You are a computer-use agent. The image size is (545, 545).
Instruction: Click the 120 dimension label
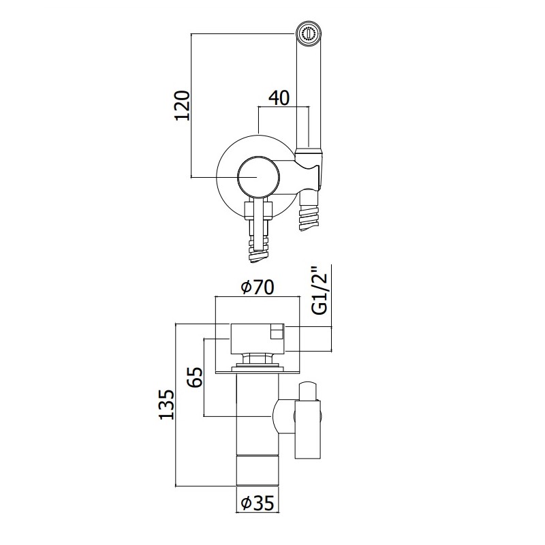[x=182, y=106]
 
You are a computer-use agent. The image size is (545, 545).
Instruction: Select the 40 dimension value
[x=279, y=97]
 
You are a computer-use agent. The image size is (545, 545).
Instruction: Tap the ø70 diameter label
[x=258, y=287]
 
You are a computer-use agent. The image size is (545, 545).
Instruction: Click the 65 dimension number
[x=195, y=377]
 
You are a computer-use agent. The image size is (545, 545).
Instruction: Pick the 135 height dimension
[x=166, y=404]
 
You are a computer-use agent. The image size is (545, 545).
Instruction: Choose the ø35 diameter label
[x=258, y=503]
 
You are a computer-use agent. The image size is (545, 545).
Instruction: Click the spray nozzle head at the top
[x=309, y=34]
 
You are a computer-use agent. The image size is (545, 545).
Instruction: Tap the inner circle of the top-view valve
[x=258, y=177]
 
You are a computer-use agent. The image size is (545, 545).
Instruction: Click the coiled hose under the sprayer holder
[x=309, y=212]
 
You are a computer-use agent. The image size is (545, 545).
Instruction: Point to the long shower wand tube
[x=309, y=97]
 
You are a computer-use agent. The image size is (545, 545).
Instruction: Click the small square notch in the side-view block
[x=277, y=332]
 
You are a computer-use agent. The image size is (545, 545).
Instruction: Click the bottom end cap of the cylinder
[x=258, y=470]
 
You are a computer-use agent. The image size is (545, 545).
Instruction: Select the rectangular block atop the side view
[x=258, y=339]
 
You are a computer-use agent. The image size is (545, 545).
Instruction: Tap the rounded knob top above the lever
[x=308, y=391]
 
